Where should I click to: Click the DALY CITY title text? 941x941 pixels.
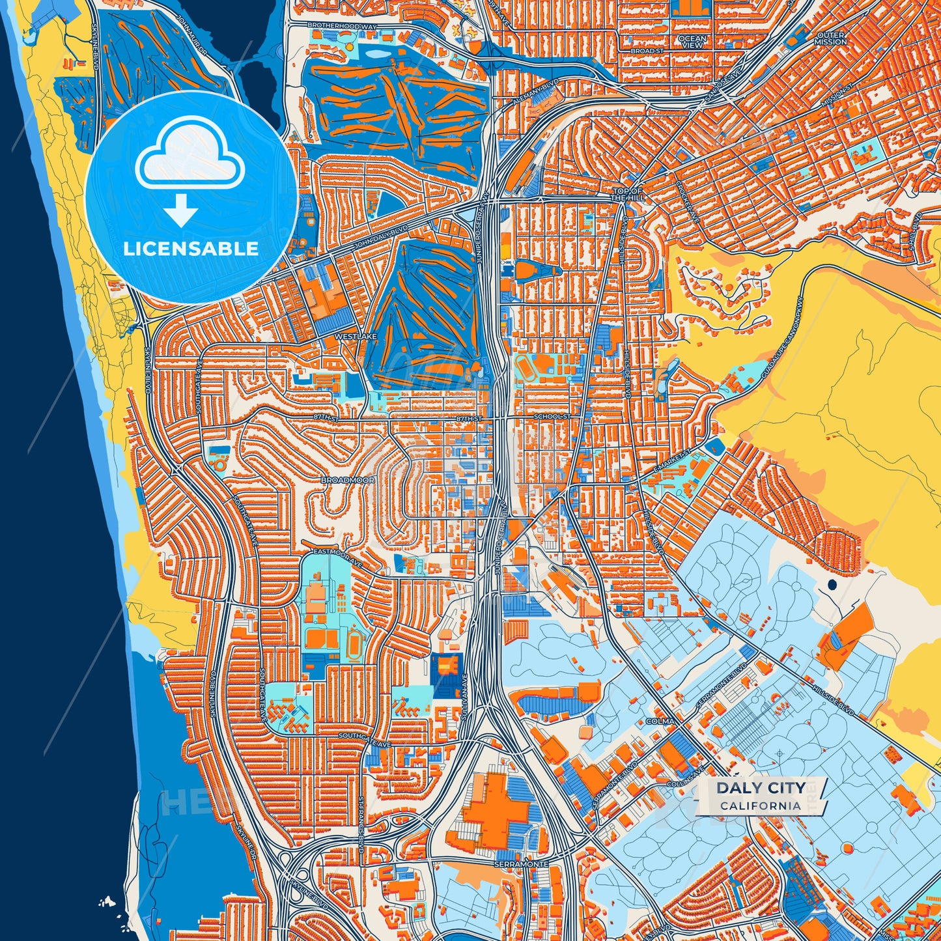(x=761, y=788)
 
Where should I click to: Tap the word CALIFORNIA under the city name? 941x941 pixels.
(x=761, y=806)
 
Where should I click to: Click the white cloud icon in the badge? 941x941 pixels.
(x=190, y=156)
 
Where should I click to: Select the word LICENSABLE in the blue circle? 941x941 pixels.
(x=191, y=249)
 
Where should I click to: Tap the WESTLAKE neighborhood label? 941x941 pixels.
(x=356, y=337)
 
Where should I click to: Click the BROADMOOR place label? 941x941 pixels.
(x=348, y=480)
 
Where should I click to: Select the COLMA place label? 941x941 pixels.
(x=659, y=722)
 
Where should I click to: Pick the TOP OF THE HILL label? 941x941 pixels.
(x=628, y=194)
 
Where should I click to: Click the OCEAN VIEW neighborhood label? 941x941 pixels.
(x=692, y=42)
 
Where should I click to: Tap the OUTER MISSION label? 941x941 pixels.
(x=830, y=38)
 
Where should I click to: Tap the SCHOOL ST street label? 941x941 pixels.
(x=552, y=417)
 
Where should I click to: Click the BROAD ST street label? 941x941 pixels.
(x=647, y=51)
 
